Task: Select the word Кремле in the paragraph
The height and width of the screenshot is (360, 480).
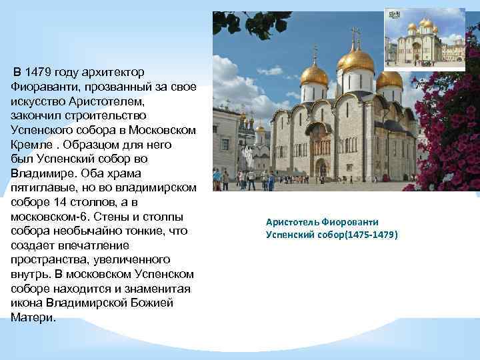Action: (x=30, y=145)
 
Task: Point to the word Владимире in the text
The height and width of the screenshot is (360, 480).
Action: (x=39, y=173)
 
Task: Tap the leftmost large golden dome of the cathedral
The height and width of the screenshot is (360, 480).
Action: (x=314, y=75)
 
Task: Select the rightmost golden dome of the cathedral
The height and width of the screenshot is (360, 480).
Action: (x=389, y=79)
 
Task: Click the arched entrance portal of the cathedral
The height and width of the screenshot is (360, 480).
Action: (x=322, y=169)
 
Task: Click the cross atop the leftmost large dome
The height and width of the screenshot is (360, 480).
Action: (x=313, y=52)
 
